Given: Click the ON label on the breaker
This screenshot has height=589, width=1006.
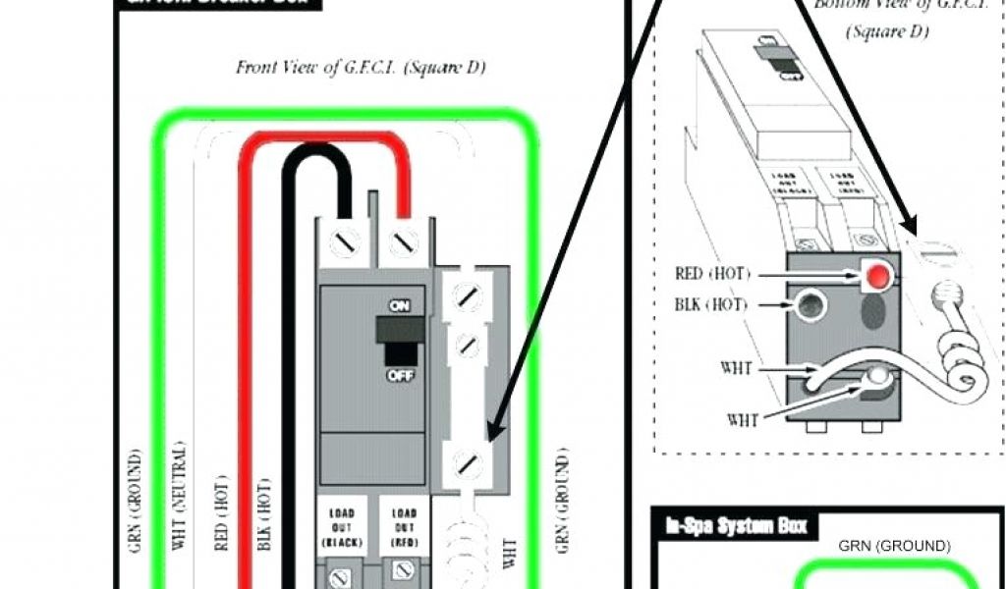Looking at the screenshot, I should click(400, 305).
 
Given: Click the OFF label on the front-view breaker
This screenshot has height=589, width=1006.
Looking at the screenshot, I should click(400, 373).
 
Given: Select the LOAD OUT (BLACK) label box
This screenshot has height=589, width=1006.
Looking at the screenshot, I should click(342, 527).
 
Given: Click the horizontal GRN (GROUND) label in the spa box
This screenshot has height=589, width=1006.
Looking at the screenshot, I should click(894, 546).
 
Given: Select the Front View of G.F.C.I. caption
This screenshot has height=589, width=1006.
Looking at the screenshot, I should click(361, 68).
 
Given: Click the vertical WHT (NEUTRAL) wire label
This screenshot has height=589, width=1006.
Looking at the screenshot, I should click(180, 510).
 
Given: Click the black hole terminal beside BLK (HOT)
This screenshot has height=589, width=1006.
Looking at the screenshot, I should click(810, 306).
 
